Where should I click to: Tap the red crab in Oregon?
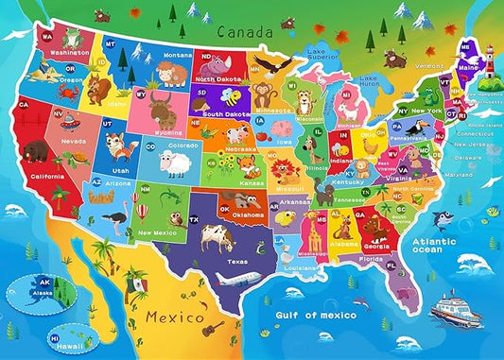tap(68, 79)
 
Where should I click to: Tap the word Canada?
tap(240, 31)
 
